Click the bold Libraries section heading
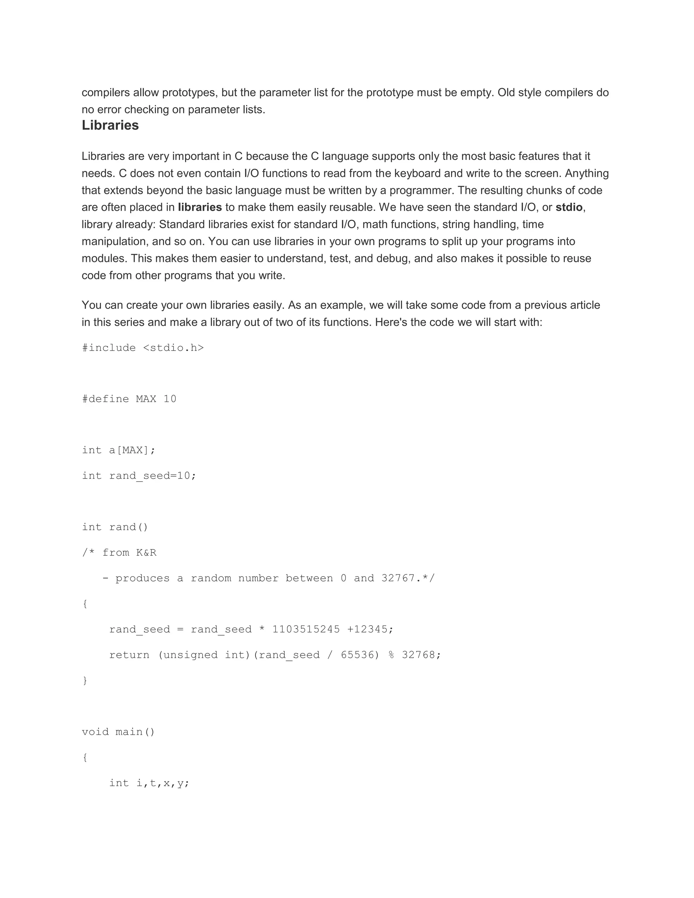(x=110, y=125)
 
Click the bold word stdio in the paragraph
(x=569, y=207)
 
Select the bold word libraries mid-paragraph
(x=200, y=207)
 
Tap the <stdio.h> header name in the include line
(x=173, y=348)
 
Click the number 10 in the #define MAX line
(x=170, y=399)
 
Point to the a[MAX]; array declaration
(x=132, y=450)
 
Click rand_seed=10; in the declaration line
(x=152, y=476)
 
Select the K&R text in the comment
(x=146, y=553)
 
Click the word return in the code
(x=129, y=655)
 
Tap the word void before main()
(x=95, y=732)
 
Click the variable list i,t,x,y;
(x=163, y=783)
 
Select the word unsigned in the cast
(x=187, y=655)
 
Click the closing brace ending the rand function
(x=85, y=680)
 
